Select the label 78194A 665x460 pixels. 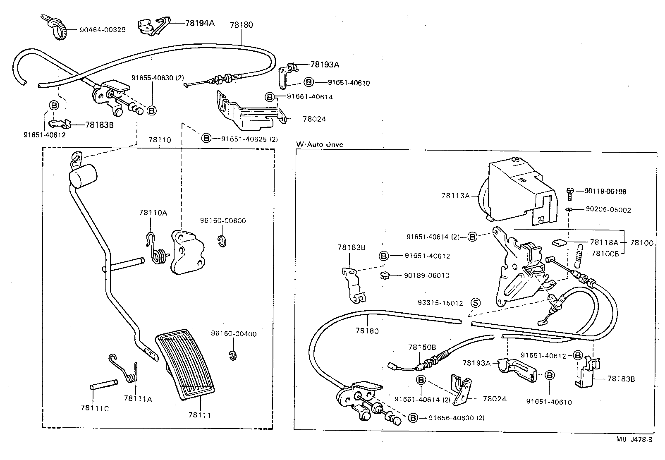coord(199,23)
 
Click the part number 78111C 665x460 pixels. coord(95,408)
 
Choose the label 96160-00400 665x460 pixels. coord(234,334)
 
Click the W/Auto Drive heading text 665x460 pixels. coord(319,144)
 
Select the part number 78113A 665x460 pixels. coord(455,195)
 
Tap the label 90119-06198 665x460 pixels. coord(605,192)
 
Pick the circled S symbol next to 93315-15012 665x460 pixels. coord(475,303)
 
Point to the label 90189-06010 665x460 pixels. coord(426,276)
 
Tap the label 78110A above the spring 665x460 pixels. coord(153,213)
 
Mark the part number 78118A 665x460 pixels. coord(604,242)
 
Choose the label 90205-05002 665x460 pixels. coord(608,210)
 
